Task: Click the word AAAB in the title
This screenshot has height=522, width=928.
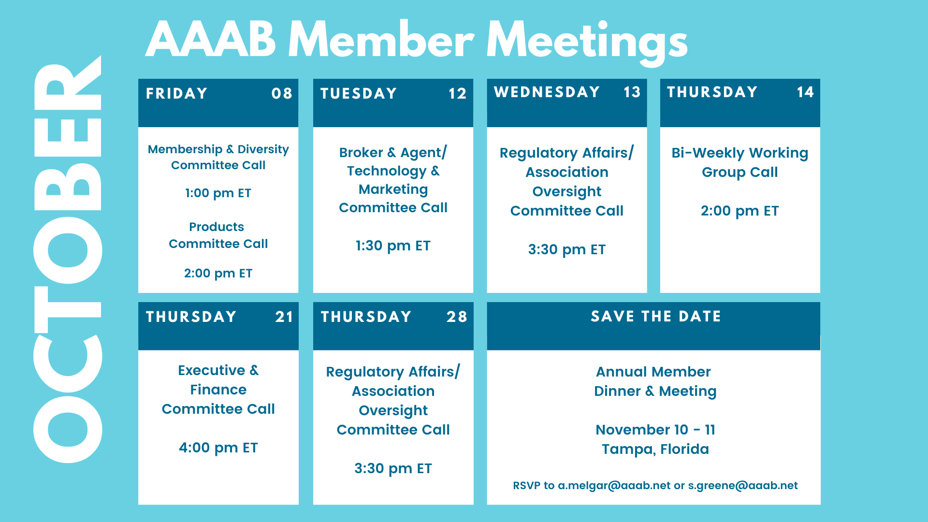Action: pos(211,40)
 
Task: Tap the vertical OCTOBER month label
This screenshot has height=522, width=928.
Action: pos(68,259)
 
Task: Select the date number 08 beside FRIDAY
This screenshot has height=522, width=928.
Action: pos(282,93)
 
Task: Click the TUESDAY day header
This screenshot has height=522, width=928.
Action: pos(359,93)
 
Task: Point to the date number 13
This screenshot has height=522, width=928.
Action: pos(632,92)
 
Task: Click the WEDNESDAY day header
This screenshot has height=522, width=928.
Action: pos(547,92)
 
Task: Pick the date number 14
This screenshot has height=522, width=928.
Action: pos(805,92)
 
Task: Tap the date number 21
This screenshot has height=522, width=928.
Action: pos(284,317)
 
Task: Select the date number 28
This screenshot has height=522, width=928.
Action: pos(457,317)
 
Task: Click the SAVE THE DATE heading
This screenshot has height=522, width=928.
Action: pos(656,316)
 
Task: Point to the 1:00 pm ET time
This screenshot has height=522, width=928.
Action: pos(218,193)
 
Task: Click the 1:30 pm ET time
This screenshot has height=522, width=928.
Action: pos(393,246)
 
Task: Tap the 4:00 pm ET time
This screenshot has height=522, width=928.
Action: pos(218,448)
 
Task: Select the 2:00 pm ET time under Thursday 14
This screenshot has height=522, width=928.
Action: pos(739,211)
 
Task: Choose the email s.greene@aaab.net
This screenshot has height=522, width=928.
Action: pos(743,485)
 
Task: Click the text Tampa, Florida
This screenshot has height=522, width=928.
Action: pos(655,449)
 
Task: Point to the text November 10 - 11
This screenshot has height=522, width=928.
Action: pos(655,430)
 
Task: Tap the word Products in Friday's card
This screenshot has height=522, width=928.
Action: pos(217,227)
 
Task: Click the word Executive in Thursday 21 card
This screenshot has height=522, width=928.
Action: pos(212,370)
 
